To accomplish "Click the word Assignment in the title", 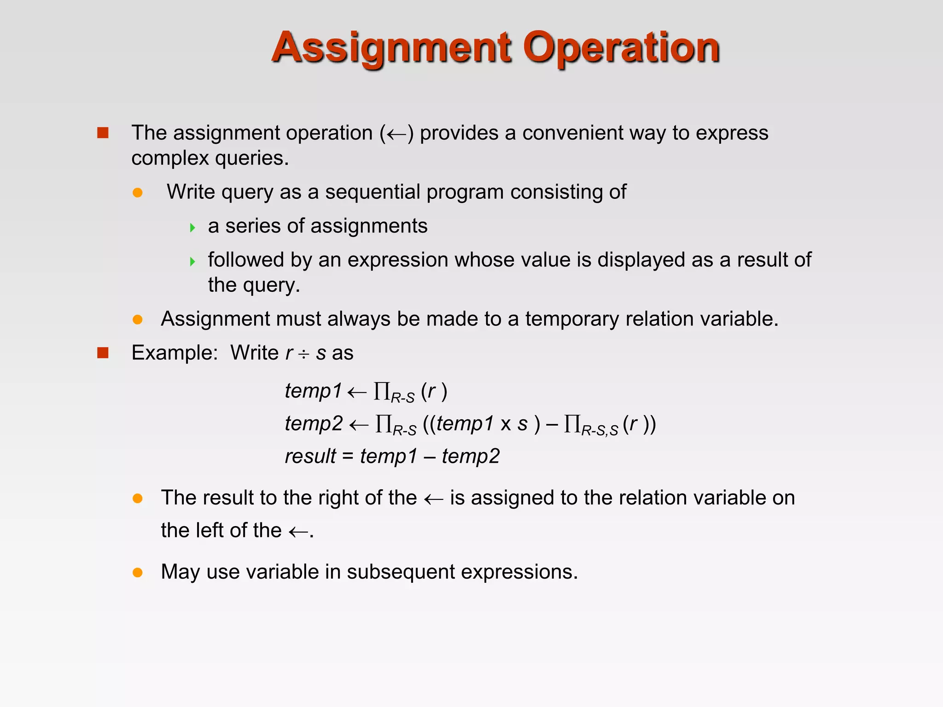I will tap(390, 48).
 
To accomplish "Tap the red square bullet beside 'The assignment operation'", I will tap(103, 133).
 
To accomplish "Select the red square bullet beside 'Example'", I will tap(103, 353).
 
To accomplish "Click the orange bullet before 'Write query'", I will tap(137, 192).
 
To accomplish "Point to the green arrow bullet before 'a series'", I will tap(192, 227).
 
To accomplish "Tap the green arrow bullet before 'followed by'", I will tap(192, 261).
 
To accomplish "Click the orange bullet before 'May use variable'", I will tap(137, 573).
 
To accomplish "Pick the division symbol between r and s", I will tap(304, 354).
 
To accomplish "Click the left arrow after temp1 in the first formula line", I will tap(357, 392).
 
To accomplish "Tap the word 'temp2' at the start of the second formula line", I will tap(314, 423).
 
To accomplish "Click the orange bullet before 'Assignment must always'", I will tap(137, 319).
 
